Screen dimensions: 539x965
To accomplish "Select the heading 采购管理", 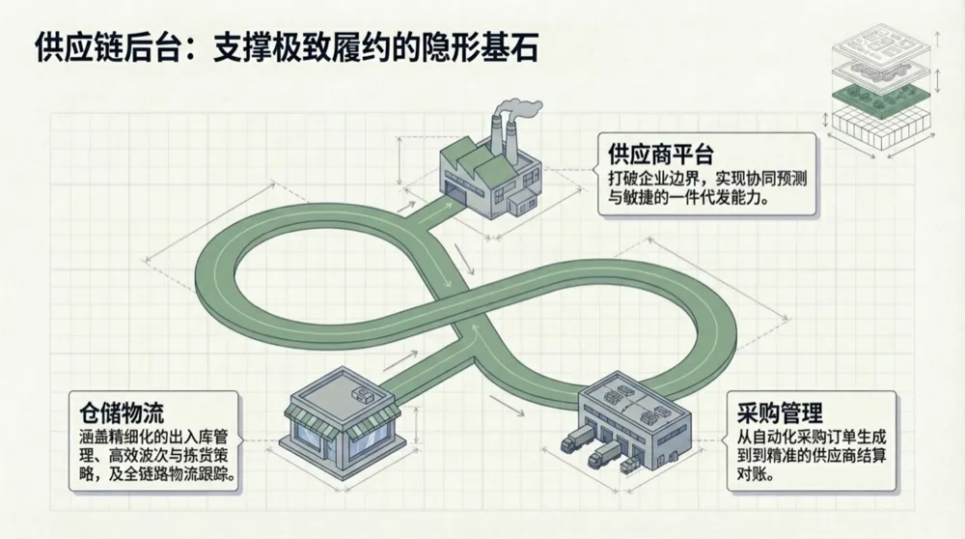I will coord(771,413).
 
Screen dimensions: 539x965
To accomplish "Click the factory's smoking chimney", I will coord(499,135).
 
